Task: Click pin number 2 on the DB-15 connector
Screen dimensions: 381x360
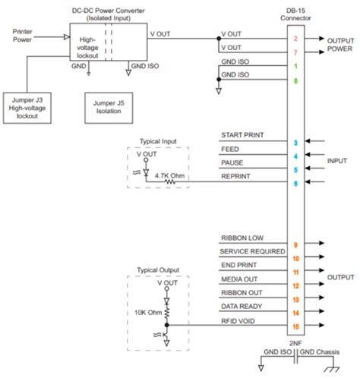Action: coord(295,37)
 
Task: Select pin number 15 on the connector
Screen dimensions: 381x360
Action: coord(295,326)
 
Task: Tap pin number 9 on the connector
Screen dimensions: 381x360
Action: coord(295,244)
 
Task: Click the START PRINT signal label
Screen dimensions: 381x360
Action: coord(242,135)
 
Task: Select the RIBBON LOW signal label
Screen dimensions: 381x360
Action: coord(242,238)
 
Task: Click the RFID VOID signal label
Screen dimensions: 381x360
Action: coord(238,320)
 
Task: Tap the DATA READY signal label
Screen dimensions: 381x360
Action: coord(242,306)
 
